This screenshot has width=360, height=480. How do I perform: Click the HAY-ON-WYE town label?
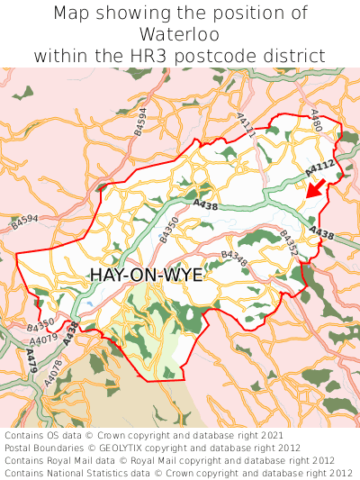click(x=147, y=276)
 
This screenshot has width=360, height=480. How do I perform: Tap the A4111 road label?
click(x=247, y=125)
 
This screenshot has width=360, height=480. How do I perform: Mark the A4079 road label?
click(x=44, y=340)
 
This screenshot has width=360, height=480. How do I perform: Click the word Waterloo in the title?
click(x=180, y=34)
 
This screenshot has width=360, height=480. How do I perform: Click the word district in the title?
click(x=294, y=56)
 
